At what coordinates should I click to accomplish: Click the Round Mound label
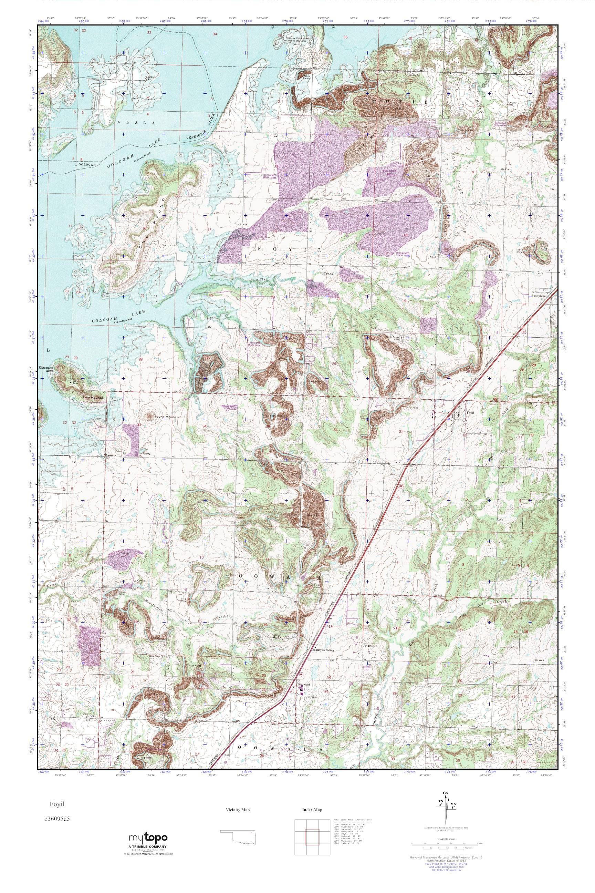pyautogui.click(x=166, y=417)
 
